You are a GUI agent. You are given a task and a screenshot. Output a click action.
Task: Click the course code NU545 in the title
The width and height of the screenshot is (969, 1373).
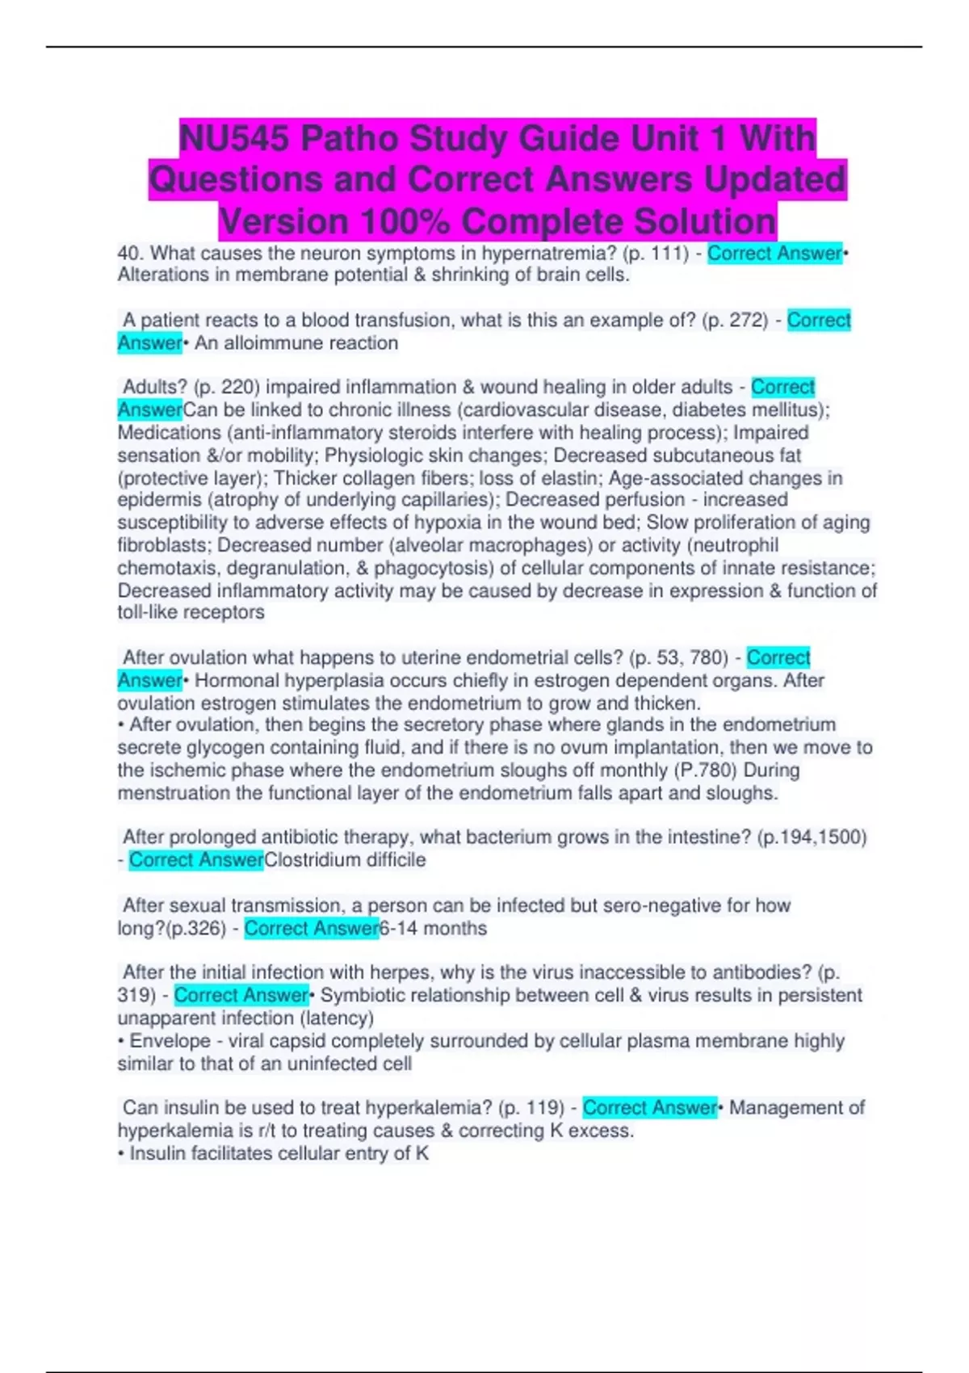point(233,138)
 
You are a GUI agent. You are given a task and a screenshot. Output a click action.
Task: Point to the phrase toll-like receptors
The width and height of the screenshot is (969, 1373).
point(191,612)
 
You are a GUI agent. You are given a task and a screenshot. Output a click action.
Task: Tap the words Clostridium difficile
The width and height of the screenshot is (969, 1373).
point(345,860)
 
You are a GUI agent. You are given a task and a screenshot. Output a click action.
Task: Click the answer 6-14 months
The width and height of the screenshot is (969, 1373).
point(433,929)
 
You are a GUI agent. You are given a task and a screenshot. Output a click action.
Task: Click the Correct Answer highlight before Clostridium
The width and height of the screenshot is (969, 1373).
point(196,860)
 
